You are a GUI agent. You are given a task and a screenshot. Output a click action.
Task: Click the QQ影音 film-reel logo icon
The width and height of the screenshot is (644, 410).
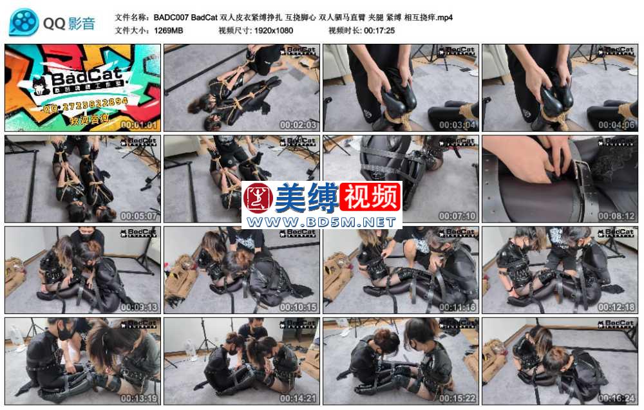point(24,23)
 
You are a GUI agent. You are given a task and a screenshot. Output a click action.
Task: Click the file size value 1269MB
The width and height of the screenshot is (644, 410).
point(167,30)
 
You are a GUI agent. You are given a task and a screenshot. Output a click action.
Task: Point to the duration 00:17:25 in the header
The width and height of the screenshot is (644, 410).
point(379,30)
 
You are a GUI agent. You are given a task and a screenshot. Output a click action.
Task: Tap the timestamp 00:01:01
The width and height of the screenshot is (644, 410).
point(138,125)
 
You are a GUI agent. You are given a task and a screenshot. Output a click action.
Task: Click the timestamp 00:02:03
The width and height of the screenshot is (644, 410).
point(298,125)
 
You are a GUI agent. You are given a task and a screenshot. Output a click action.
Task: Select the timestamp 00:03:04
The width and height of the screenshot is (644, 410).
point(457,125)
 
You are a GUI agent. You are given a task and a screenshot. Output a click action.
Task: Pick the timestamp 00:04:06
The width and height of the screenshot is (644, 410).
point(616,125)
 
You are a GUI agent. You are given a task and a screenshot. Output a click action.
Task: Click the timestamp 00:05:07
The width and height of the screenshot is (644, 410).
point(138,216)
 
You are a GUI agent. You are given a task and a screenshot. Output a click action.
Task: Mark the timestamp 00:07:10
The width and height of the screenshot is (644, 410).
point(457,216)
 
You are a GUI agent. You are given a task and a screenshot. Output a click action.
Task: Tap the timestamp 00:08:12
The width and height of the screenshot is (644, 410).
point(616,216)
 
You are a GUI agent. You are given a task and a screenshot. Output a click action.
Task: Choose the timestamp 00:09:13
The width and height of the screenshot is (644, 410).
point(138,308)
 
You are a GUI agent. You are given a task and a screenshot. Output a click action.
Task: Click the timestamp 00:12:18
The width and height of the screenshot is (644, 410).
point(616,308)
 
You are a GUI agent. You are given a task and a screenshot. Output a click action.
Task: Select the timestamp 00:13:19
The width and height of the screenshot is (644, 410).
point(138,398)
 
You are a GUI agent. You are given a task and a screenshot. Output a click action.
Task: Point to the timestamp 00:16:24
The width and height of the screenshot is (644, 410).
point(616,398)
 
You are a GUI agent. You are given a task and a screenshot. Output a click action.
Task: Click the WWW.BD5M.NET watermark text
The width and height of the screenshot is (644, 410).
point(322,222)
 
